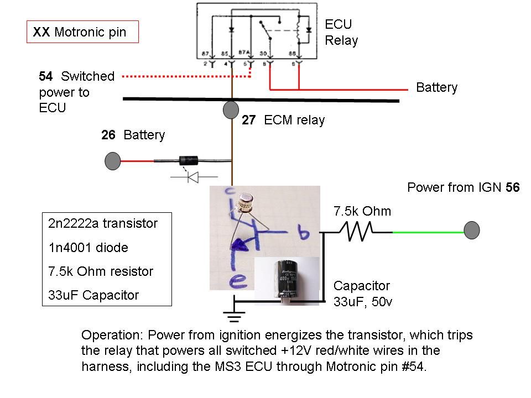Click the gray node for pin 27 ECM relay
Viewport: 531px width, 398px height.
click(x=231, y=110)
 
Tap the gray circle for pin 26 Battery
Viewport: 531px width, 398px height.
click(x=113, y=161)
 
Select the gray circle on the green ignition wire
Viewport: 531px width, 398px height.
click(x=471, y=231)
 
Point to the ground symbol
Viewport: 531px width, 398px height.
click(x=235, y=316)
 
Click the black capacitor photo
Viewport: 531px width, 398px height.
click(x=287, y=281)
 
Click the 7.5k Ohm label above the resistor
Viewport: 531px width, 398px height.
click(x=362, y=211)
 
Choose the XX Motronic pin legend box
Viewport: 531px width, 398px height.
click(x=82, y=32)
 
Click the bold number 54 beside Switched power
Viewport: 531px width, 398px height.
click(x=46, y=76)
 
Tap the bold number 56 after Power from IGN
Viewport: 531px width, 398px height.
click(x=512, y=187)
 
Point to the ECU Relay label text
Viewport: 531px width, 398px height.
click(x=341, y=33)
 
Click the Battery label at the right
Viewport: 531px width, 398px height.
click(x=436, y=88)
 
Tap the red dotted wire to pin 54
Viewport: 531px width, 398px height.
click(x=183, y=76)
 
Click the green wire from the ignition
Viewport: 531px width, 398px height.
click(x=429, y=232)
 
